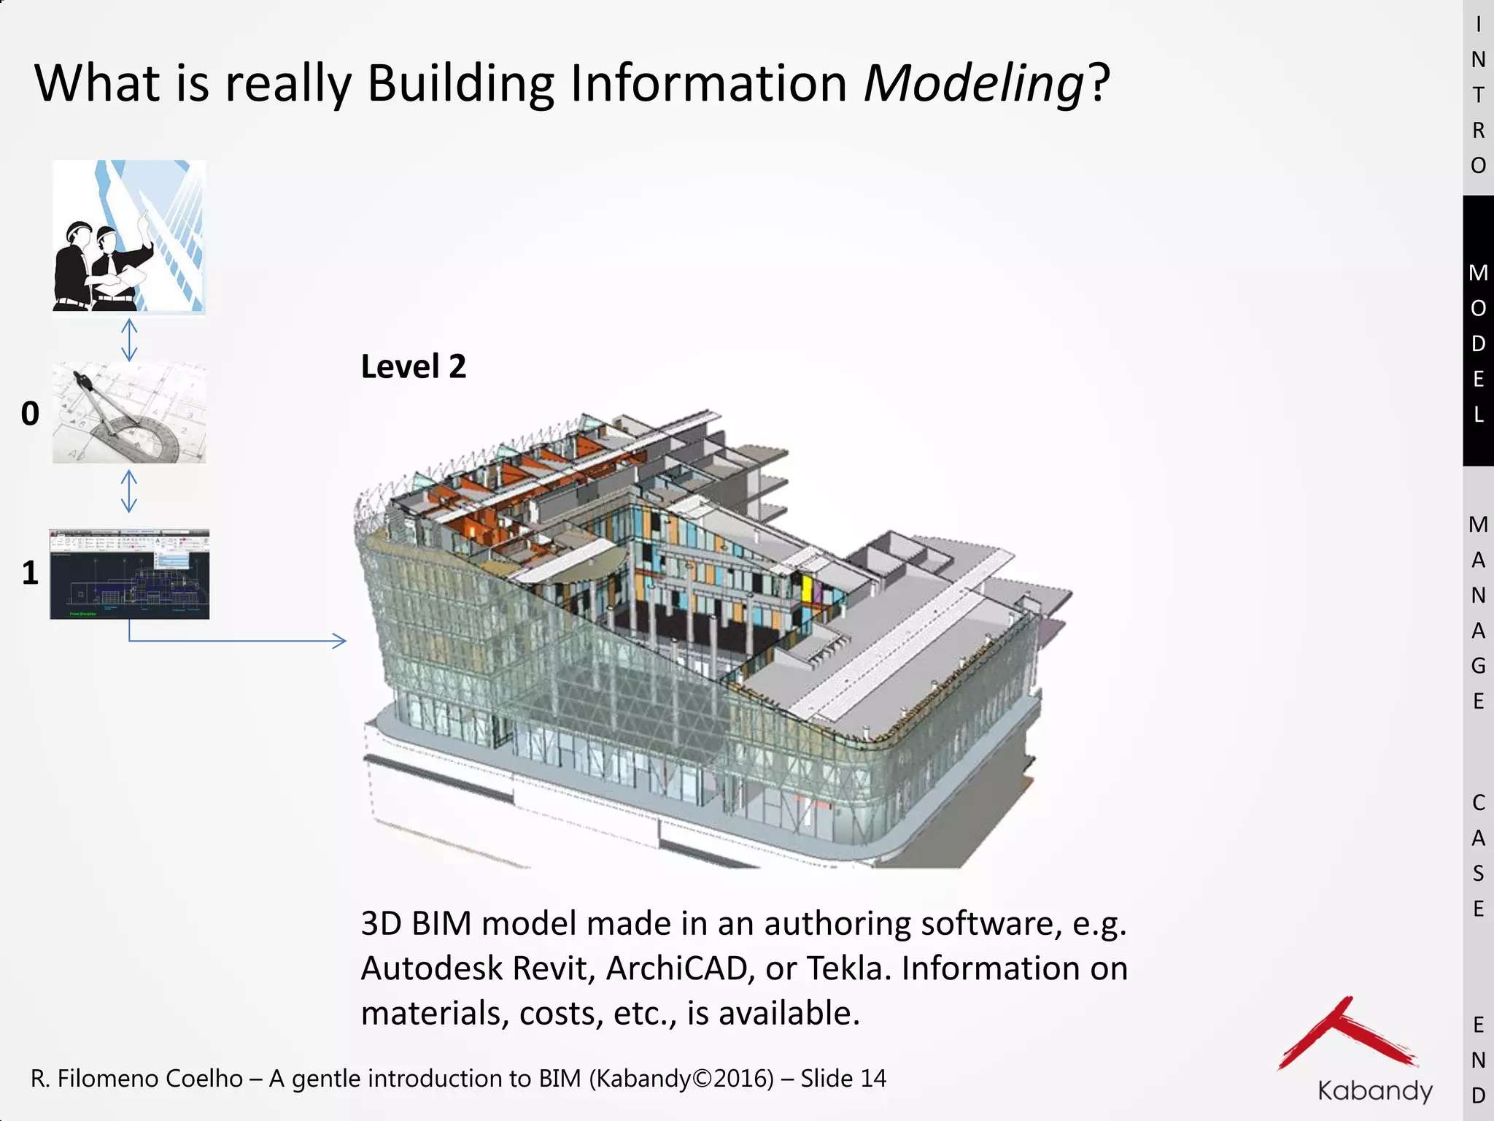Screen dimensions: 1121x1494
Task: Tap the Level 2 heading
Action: tap(413, 366)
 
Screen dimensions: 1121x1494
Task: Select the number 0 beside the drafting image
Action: tap(30, 414)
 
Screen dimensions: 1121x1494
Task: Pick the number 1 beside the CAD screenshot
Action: tap(30, 573)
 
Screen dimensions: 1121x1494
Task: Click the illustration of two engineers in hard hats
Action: tap(129, 236)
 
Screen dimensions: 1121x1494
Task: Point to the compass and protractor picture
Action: tap(129, 413)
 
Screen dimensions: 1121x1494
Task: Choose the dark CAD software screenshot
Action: tap(129, 574)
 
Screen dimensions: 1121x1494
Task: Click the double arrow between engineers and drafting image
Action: tap(129, 340)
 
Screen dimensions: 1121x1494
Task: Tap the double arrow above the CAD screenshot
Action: tap(129, 490)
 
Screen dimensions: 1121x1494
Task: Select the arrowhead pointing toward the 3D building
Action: tap(340, 641)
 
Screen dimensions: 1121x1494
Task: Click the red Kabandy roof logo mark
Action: tap(1346, 1035)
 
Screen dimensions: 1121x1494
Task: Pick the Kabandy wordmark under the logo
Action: tap(1374, 1090)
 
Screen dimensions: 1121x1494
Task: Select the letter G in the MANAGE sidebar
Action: tap(1478, 666)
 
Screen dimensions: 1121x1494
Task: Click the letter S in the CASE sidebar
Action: tap(1478, 873)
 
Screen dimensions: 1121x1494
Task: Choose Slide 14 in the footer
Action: tap(843, 1079)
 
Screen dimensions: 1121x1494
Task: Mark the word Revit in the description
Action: tap(554, 969)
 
